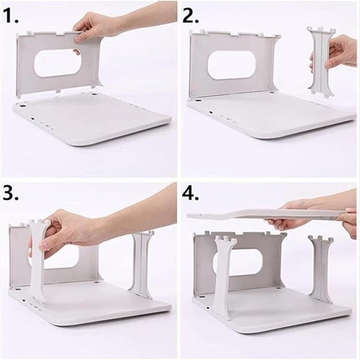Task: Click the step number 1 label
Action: (x=11, y=16)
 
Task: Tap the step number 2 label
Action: (x=191, y=16)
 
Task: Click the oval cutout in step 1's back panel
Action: (x=57, y=63)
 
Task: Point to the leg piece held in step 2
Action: (x=321, y=62)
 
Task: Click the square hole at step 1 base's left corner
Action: (x=23, y=106)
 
